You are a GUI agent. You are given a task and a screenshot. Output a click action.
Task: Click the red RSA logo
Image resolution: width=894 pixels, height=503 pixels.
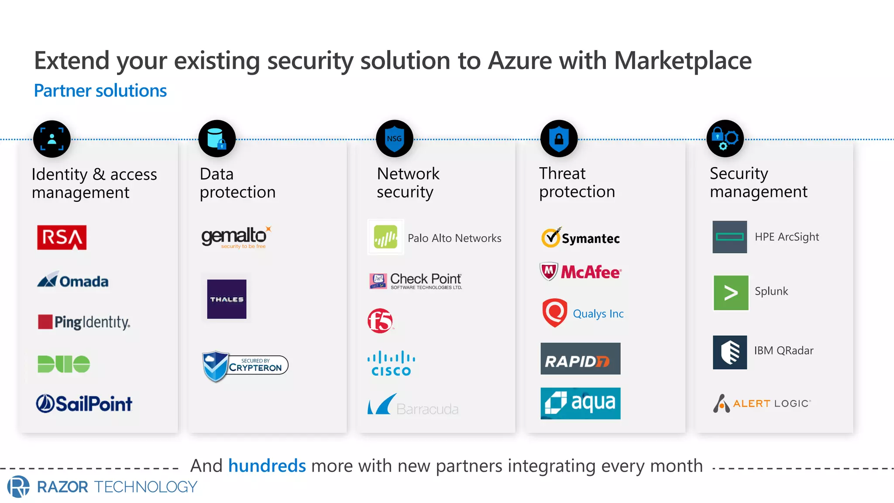(62, 238)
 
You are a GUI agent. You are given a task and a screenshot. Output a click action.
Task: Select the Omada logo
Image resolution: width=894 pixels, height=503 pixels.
(73, 280)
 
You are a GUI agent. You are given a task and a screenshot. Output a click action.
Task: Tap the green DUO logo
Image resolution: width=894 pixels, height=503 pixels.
(64, 364)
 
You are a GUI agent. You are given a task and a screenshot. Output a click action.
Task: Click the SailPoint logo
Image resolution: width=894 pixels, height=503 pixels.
(84, 403)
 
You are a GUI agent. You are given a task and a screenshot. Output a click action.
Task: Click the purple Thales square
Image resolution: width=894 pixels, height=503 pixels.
(227, 299)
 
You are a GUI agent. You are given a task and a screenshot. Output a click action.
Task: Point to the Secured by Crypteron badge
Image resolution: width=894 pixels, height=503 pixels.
(245, 366)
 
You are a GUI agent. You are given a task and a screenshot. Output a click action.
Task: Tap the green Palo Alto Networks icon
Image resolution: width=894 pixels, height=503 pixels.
(385, 237)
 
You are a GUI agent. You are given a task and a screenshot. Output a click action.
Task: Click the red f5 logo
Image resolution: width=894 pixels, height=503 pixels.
(380, 321)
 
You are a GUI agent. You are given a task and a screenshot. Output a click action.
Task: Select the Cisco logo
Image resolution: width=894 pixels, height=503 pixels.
(391, 363)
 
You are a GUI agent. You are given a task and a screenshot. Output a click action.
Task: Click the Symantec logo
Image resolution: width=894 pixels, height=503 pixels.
(581, 238)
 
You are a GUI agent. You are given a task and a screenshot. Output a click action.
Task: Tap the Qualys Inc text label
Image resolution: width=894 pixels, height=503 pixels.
(598, 314)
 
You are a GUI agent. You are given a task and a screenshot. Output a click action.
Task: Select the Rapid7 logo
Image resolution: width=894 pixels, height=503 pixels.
(580, 358)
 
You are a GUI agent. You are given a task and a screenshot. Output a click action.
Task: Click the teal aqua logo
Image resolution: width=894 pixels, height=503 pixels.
(580, 403)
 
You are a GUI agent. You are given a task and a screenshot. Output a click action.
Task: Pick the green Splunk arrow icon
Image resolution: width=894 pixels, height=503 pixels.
(731, 293)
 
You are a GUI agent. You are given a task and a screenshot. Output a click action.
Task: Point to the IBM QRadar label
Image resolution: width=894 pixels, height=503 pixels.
(784, 351)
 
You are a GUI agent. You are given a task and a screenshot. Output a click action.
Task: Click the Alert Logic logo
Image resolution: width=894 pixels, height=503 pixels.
(762, 403)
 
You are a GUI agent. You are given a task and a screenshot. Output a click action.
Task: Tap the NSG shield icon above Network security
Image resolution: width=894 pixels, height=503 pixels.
(394, 139)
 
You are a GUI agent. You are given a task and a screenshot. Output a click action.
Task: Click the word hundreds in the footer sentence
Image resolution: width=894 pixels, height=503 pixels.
(267, 466)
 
